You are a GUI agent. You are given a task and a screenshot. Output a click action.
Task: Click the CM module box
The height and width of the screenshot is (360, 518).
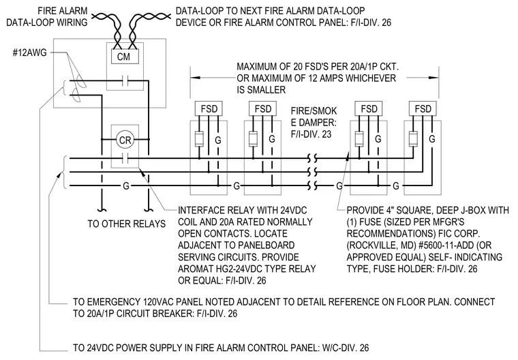coord(123,56)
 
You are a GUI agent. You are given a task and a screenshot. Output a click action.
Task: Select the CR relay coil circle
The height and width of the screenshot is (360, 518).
coord(125,140)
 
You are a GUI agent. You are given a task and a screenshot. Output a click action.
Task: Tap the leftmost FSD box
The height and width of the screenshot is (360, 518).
coord(209,108)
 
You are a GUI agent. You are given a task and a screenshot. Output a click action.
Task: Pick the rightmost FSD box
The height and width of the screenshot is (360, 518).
coord(423,108)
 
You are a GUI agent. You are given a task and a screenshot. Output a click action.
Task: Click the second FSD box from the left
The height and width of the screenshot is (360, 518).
coord(262,108)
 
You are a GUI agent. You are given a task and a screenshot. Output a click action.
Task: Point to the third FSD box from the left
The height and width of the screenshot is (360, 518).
coord(369,108)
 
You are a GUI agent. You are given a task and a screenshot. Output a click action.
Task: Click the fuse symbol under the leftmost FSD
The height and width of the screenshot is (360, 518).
coord(199,139)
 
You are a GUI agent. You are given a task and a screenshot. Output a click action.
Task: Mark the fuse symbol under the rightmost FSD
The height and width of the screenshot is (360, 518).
coord(413,139)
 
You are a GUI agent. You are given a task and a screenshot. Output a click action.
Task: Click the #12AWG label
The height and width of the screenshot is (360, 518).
coord(29,52)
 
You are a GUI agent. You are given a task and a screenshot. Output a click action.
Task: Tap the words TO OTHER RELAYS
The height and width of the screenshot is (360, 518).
coord(127,224)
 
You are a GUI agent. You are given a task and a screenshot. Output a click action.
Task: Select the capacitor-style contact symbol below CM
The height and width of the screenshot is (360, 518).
coord(125,80)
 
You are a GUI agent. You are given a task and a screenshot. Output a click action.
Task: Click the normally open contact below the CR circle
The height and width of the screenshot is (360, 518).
coord(125,159)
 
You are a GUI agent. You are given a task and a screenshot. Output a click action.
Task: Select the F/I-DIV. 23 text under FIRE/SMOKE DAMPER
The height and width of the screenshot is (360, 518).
coord(311,134)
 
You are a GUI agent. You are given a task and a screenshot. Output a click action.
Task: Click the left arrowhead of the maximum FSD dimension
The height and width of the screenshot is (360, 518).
coord(195,78)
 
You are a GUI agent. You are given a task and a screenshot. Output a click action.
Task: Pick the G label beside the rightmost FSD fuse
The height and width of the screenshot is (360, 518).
coord(431,139)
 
